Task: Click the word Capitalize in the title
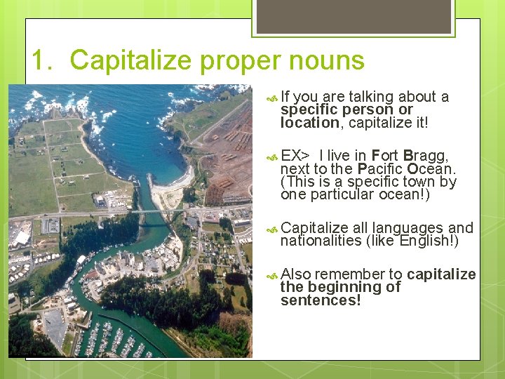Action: pos(131,60)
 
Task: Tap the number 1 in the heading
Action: pos(40,60)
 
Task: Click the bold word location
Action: pos(309,123)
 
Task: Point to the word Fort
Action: pos(384,155)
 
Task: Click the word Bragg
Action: pos(425,155)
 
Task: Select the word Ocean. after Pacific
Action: pos(431,168)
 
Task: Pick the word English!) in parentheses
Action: pos(430,241)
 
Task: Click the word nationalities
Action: pos(320,241)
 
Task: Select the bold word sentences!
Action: pos(320,300)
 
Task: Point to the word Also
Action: pos(295,274)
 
